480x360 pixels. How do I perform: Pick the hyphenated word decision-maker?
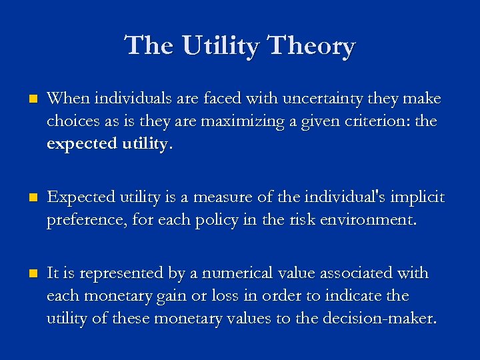click(x=379, y=319)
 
